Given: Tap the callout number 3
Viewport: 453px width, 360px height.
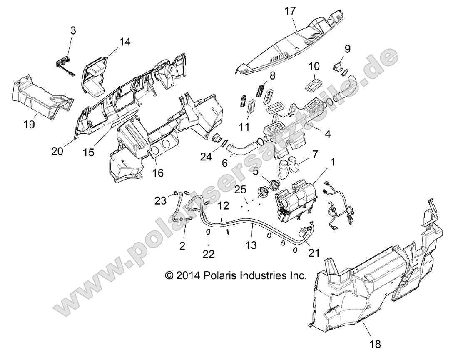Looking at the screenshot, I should pos(73,31).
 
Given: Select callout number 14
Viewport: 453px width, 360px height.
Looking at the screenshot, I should pos(124,42).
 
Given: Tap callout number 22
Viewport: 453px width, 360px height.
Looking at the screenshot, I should pos(209,254).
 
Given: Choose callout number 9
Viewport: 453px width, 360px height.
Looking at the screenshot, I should pos(347,49).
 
